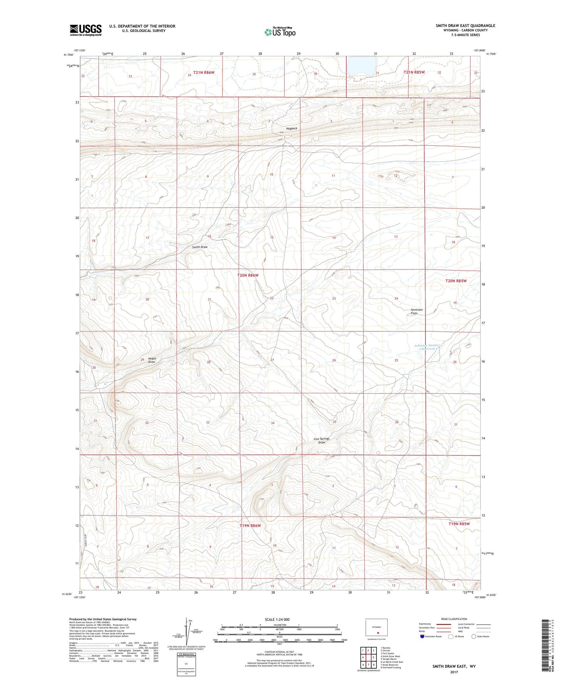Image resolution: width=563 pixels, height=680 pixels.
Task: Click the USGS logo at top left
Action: tap(86, 30)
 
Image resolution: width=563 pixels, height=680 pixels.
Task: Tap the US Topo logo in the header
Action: tap(279, 32)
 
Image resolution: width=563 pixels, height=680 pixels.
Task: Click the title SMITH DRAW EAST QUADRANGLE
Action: tap(465, 26)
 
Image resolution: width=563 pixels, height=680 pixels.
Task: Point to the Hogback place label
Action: tap(291, 128)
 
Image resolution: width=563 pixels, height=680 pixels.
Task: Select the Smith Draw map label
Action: tap(200, 247)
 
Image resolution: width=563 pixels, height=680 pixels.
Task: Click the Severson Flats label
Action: tap(417, 312)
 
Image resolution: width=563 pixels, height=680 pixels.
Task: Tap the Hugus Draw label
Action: tap(152, 360)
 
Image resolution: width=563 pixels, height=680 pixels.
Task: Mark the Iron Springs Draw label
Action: tap(321, 440)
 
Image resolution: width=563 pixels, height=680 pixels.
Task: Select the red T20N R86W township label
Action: tap(248, 275)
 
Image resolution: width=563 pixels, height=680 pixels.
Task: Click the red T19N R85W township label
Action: tap(459, 524)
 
